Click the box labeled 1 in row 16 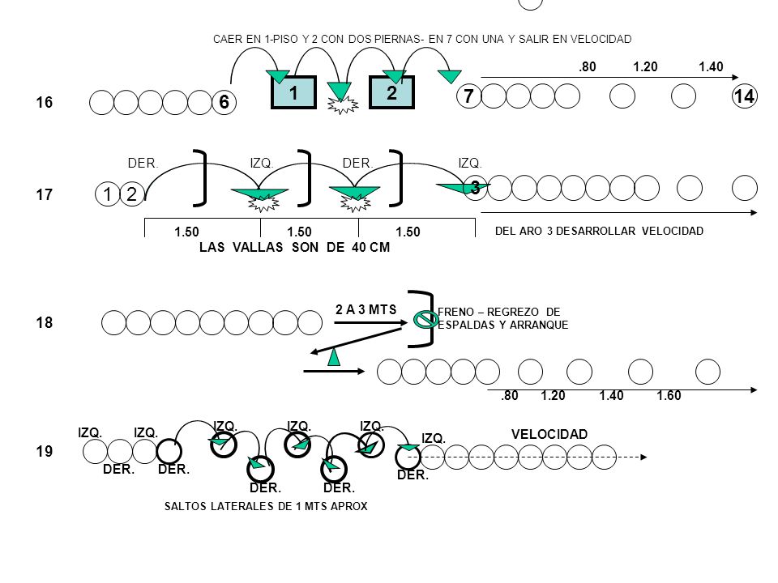[293, 92]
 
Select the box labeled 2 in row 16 [392, 92]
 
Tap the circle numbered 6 [224, 102]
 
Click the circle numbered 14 [745, 96]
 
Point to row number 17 [44, 194]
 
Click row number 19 [44, 451]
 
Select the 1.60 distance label [669, 396]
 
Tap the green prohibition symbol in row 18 [425, 320]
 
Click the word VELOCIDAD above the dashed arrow [549, 434]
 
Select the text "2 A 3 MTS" [366, 310]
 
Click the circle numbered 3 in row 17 [475, 188]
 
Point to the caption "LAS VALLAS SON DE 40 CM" [295, 247]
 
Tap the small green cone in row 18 [334, 357]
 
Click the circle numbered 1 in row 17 [107, 194]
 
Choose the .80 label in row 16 [587, 66]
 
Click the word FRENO [455, 312]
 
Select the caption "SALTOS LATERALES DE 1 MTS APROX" [266, 506]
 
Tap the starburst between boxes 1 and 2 [341, 105]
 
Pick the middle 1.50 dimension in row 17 [299, 232]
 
